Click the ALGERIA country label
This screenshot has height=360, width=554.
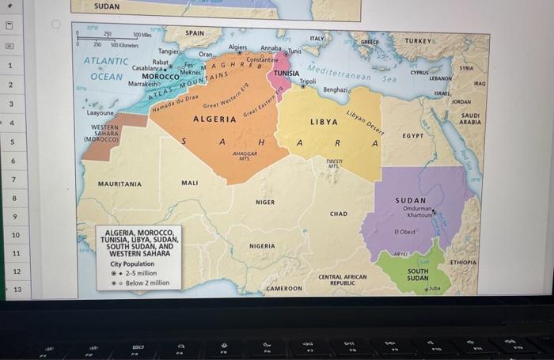click(214, 119)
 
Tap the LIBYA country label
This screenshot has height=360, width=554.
click(324, 123)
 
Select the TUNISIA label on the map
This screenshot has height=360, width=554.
click(286, 73)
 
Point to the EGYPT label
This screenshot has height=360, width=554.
click(414, 135)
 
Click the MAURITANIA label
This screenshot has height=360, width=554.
click(120, 184)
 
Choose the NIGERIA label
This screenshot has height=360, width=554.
click(262, 246)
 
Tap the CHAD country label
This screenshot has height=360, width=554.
click(338, 214)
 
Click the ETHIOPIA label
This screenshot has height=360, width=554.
click(463, 261)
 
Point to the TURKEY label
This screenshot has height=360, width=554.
click(419, 40)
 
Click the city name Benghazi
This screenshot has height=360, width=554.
click(335, 90)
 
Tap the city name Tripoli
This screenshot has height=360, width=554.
click(308, 81)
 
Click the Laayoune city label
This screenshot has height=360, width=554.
click(101, 113)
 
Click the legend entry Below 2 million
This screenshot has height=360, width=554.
click(148, 282)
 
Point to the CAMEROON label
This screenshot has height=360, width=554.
click(284, 289)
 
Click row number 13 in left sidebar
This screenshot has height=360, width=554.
click(17, 290)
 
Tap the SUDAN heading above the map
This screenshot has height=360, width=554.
click(107, 6)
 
